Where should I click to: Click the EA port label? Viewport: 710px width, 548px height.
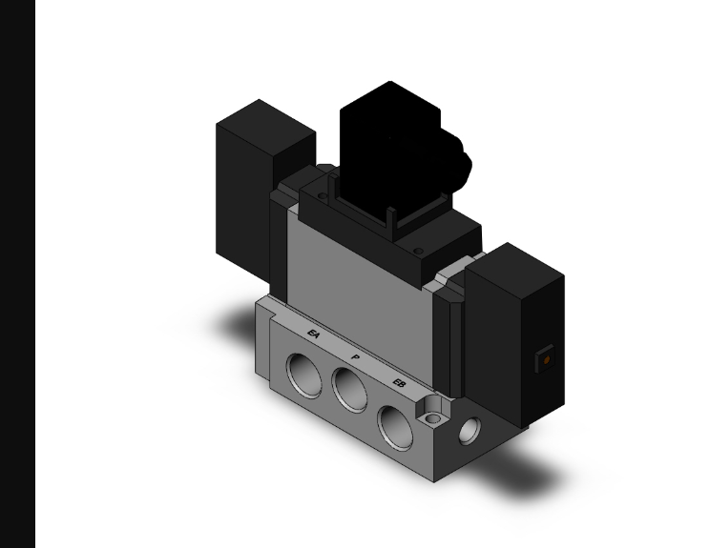313,334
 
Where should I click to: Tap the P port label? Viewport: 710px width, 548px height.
356,357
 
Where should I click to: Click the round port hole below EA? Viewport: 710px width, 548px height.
307,366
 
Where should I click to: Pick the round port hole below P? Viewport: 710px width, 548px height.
350,390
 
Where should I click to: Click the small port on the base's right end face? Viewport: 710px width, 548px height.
470,432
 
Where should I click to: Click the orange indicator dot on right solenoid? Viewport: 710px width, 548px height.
546,360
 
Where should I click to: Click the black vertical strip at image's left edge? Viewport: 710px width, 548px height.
17,274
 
